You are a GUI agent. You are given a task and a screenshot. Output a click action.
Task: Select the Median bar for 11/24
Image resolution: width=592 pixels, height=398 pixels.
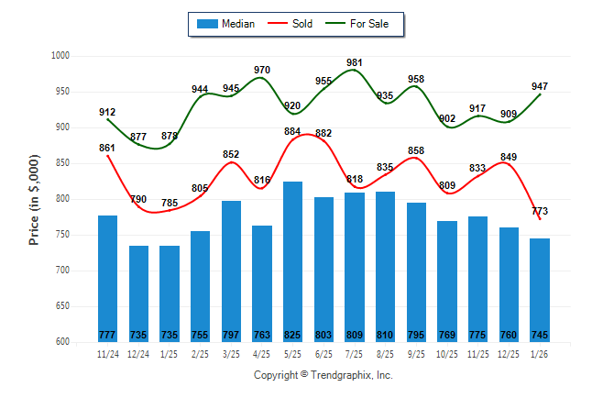(107, 275)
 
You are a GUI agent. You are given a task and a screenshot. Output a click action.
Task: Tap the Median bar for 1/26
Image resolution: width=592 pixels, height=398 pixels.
(540, 284)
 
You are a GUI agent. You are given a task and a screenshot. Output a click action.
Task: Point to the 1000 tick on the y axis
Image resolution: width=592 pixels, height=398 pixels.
(60, 56)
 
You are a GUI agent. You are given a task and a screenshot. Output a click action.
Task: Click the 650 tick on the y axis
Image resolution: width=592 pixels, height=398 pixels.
(63, 306)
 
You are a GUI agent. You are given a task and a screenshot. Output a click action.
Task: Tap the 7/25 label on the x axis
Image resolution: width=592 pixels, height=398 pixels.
(355, 354)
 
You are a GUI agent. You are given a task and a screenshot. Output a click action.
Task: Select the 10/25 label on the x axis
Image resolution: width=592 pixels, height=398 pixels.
(447, 354)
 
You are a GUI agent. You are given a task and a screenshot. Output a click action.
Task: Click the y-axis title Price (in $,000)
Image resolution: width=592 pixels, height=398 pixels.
(34, 199)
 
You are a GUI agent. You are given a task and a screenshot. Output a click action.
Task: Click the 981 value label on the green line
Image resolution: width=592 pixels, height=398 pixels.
(355, 62)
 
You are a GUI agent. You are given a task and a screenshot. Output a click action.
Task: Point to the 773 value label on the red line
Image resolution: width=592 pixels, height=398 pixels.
(540, 212)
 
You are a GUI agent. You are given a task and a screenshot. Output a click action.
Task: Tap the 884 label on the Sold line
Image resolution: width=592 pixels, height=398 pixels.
(292, 132)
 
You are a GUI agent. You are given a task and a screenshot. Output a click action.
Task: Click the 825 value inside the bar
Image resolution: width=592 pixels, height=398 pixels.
(292, 334)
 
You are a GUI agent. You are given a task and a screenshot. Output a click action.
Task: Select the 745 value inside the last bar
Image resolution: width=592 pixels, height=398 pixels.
(540, 334)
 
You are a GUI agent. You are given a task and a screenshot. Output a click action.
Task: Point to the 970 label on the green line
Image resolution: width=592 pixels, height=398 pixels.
(262, 70)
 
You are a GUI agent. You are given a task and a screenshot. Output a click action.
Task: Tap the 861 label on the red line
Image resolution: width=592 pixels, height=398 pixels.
(107, 148)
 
